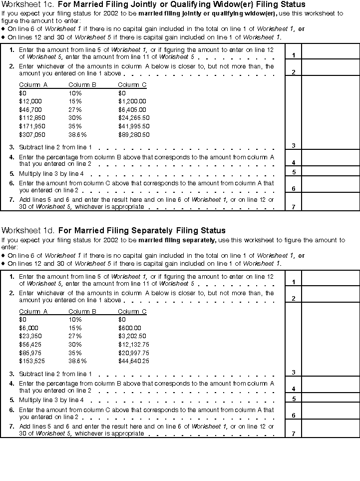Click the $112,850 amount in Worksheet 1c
30,118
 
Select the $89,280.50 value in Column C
134,135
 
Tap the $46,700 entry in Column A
30,109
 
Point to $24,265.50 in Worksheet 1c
134,118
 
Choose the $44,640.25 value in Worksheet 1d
134,361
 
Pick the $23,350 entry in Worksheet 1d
30,336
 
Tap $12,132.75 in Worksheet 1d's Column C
134,345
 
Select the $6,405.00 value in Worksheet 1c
132,109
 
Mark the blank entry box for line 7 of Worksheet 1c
330,202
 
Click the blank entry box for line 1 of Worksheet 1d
330,278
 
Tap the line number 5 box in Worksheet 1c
294,172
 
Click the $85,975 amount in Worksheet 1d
30,353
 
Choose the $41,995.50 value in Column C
134,126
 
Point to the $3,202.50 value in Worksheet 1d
132,336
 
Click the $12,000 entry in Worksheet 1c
30,101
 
